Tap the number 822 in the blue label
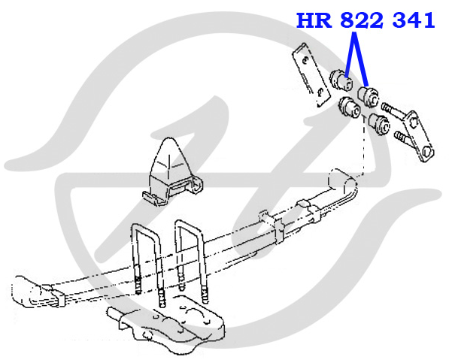click(x=362, y=20)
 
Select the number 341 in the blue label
click(x=414, y=20)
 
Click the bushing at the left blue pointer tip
click(x=341, y=80)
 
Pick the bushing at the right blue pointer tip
click(x=369, y=97)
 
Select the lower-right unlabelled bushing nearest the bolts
click(x=379, y=123)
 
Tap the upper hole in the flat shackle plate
click(x=305, y=59)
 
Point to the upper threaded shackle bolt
click(x=393, y=110)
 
